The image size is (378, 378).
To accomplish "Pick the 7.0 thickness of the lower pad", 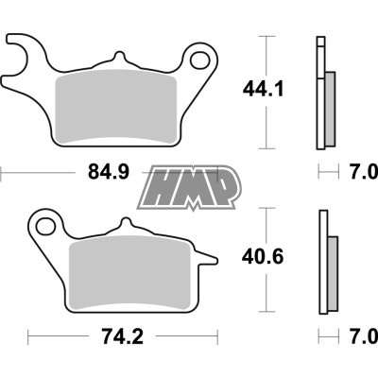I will point(361,337).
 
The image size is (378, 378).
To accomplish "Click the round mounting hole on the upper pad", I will point(200,62).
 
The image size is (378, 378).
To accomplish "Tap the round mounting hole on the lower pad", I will point(44,225).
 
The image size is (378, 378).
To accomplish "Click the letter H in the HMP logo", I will point(163,185).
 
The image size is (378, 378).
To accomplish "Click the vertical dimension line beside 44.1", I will point(266,90).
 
